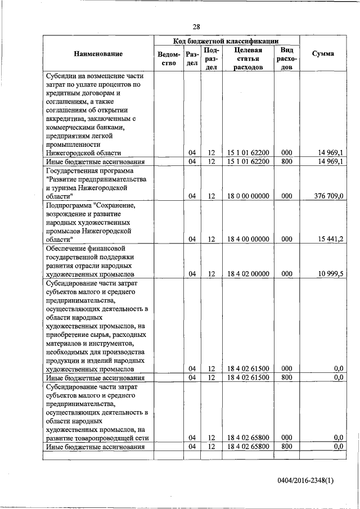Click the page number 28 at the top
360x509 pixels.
tap(196, 26)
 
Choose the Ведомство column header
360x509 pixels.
tap(169, 58)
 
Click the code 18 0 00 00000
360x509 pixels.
tap(248, 196)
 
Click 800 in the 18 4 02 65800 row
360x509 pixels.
tap(287, 446)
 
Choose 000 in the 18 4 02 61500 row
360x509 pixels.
tap(287, 368)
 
